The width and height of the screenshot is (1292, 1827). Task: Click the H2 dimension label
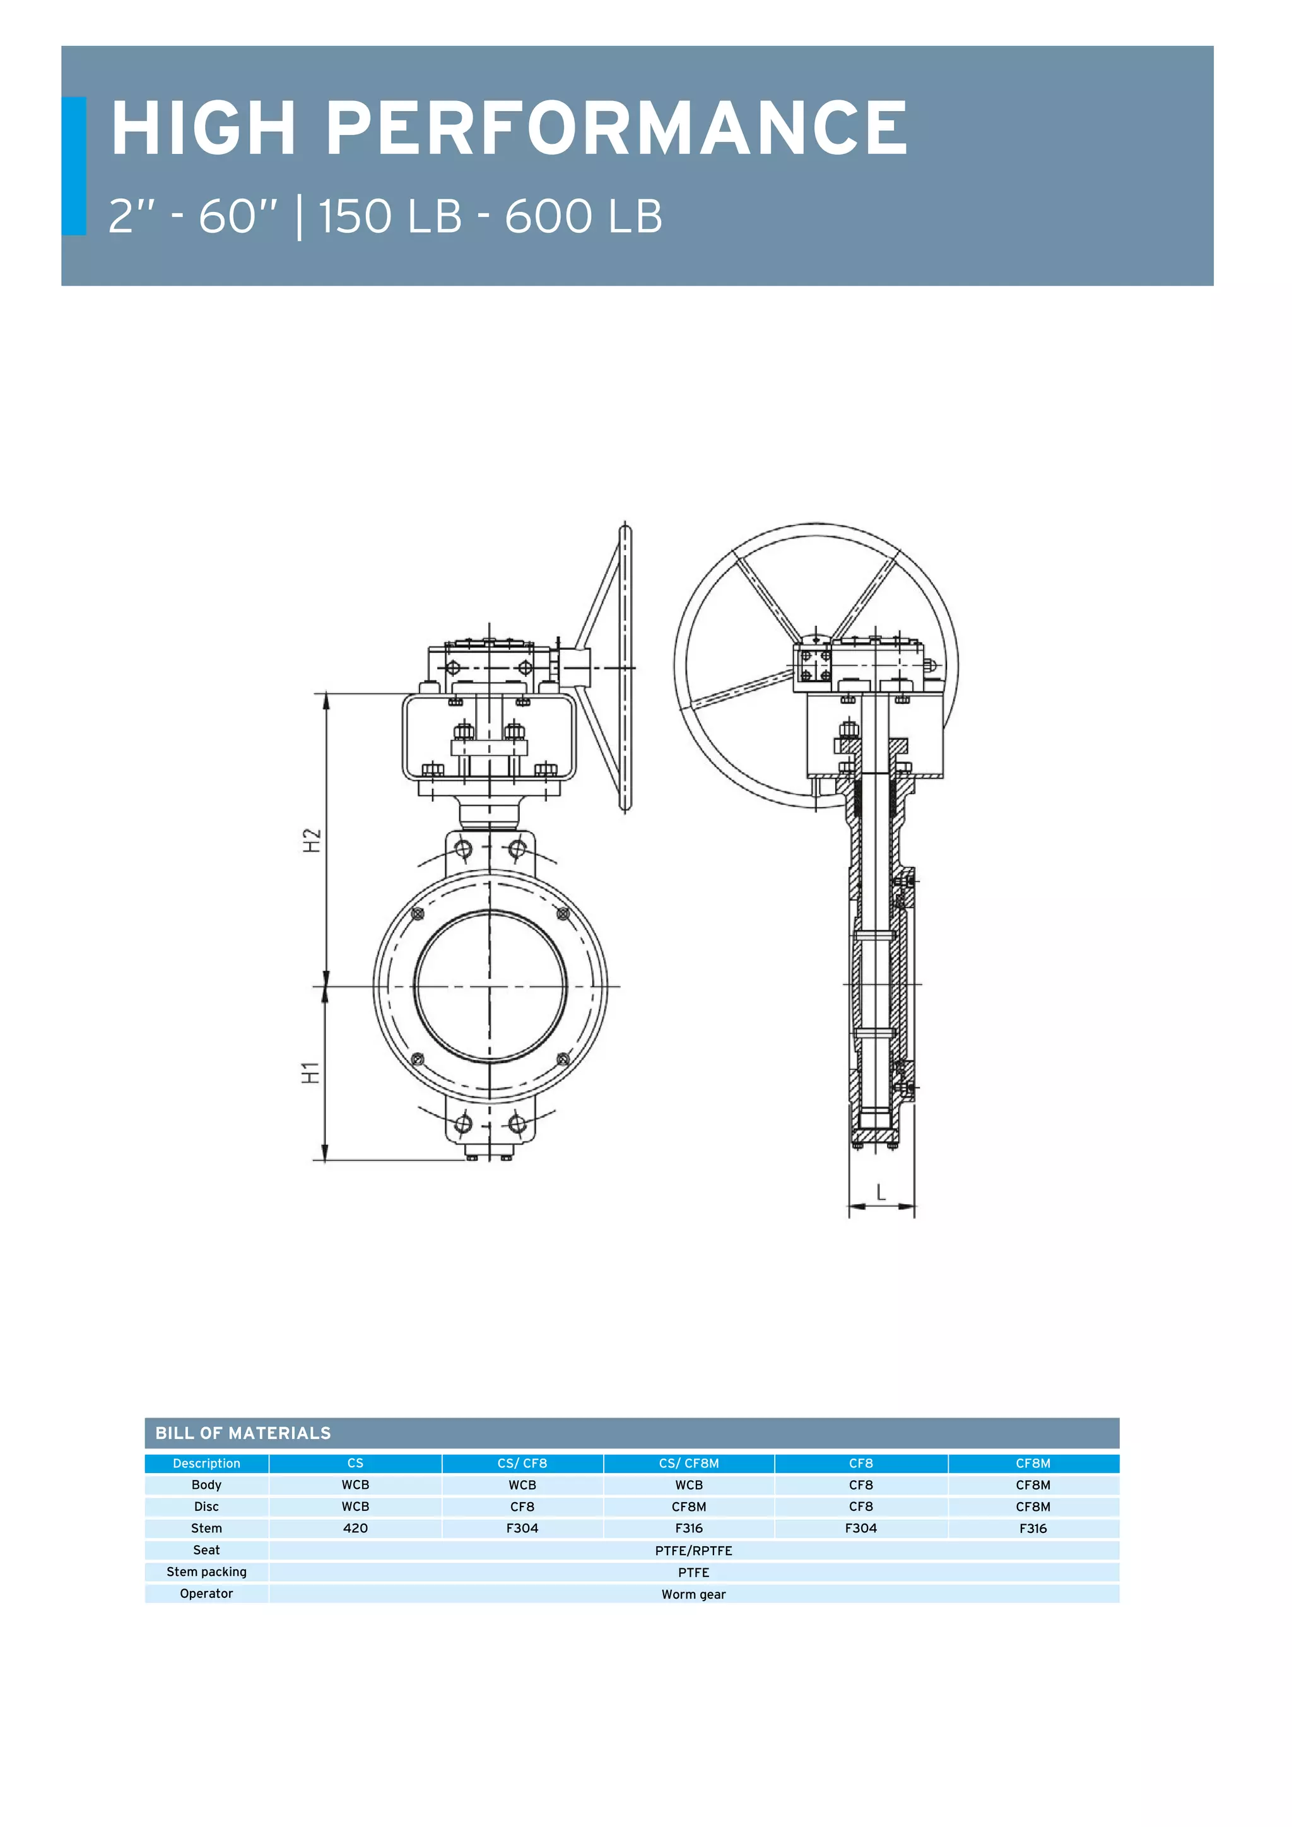[312, 840]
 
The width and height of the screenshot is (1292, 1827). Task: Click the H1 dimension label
[310, 1072]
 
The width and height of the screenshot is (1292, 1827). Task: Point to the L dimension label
[881, 1192]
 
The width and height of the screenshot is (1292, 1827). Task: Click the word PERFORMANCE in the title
[616, 128]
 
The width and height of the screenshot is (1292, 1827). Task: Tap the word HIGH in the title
[204, 128]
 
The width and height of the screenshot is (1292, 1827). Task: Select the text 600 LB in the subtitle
[583, 216]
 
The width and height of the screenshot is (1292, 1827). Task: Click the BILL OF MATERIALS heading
[243, 1433]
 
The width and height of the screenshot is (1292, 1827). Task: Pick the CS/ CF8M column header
[688, 1464]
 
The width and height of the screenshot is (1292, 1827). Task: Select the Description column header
[206, 1464]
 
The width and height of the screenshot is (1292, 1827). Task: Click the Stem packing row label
[206, 1571]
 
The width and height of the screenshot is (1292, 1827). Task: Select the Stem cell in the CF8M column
[1033, 1528]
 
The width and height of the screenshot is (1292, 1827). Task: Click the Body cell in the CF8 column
[860, 1485]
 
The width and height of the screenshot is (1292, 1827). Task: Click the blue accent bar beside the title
[73, 165]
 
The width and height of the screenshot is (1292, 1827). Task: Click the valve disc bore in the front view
[490, 987]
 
